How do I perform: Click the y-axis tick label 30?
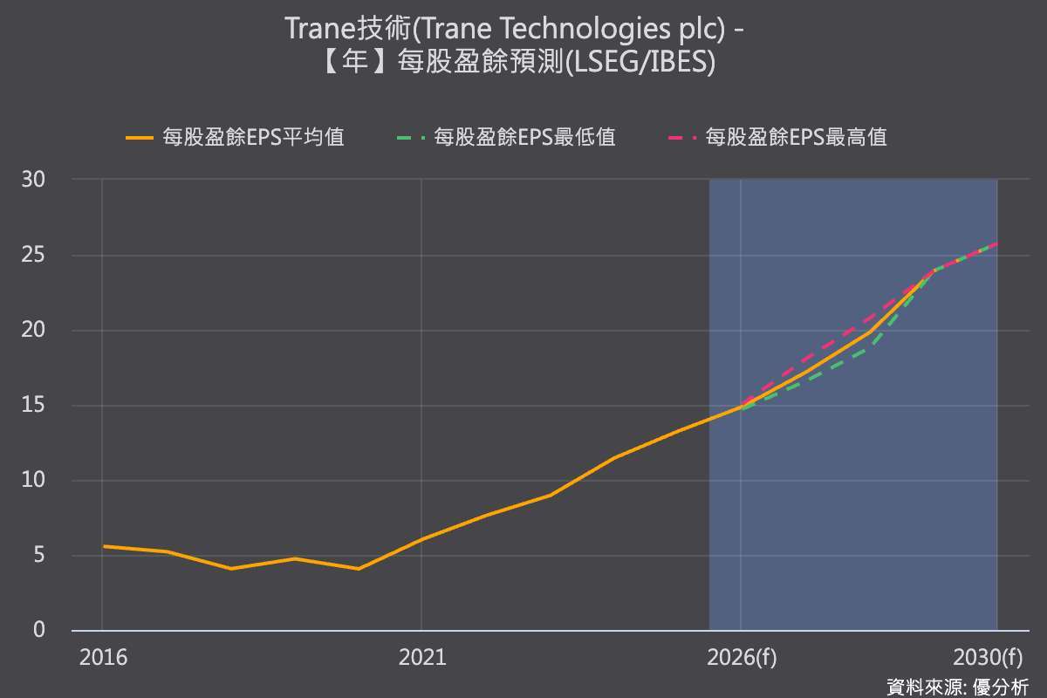(x=33, y=180)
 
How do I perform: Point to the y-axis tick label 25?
(x=33, y=255)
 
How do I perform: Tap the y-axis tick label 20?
(x=33, y=330)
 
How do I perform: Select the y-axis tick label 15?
(x=33, y=405)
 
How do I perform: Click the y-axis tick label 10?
(x=33, y=480)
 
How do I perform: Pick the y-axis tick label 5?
(x=39, y=556)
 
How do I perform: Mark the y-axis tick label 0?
(x=39, y=630)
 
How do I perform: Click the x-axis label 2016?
(x=103, y=658)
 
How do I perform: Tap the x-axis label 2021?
(x=422, y=658)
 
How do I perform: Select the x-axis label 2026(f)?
(x=742, y=658)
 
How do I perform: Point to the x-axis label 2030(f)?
(x=988, y=658)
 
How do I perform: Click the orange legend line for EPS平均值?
(x=140, y=138)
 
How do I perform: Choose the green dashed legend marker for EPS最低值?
(x=411, y=138)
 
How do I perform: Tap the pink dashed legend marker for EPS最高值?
(x=682, y=138)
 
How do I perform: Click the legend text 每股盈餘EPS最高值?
(x=796, y=138)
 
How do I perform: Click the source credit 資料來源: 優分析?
(x=958, y=688)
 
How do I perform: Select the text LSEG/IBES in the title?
(x=639, y=62)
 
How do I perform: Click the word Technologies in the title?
(x=585, y=29)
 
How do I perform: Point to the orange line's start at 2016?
(x=103, y=546)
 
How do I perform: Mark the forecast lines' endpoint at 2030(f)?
(x=997, y=243)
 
